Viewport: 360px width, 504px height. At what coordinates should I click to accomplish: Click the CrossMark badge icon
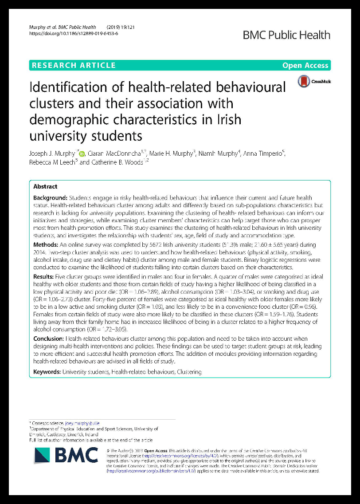[304, 81]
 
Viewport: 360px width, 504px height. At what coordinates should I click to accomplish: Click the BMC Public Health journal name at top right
[286, 35]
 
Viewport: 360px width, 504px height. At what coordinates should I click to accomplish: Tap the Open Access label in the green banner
[305, 65]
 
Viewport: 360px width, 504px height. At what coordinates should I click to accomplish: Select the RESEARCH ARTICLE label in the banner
[74, 65]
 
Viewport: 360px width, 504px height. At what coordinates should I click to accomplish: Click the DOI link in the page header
[74, 33]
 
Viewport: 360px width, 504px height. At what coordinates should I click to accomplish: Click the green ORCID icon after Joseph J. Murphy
[81, 154]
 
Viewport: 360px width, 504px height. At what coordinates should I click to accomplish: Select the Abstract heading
[45, 187]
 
